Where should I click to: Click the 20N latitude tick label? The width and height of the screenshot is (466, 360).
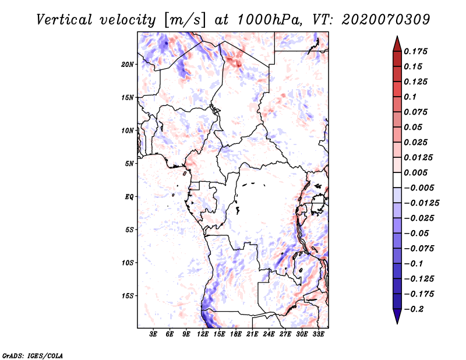click(128, 64)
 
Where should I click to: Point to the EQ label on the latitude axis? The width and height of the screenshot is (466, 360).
click(129, 197)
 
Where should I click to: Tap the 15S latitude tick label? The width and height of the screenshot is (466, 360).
click(128, 296)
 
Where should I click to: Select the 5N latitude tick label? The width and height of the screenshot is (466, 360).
click(129, 164)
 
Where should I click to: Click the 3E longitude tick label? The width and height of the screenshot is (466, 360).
click(154, 335)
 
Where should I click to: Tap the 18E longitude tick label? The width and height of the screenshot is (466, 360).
click(236, 335)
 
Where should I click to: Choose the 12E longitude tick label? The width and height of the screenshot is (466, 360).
click(203, 335)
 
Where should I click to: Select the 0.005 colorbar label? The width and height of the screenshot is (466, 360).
click(417, 172)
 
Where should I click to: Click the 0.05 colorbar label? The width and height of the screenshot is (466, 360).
click(414, 127)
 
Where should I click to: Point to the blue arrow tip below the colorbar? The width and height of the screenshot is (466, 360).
click(396, 320)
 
